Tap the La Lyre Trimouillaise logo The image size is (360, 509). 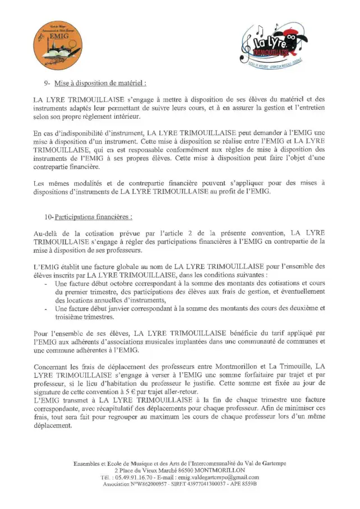point(274,45)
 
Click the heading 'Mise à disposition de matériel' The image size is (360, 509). point(100,83)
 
